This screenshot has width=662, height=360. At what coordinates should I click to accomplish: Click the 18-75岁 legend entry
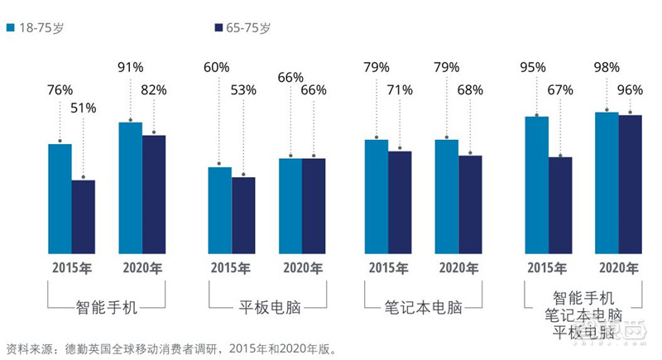click(35, 27)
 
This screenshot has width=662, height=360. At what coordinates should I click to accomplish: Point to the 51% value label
click(83, 108)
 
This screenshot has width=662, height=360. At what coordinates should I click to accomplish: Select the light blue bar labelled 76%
click(60, 199)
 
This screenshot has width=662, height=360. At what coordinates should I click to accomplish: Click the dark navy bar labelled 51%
click(83, 216)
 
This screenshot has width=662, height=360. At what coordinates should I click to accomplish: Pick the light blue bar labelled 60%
click(219, 210)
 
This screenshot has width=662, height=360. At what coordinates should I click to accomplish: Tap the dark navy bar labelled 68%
click(470, 204)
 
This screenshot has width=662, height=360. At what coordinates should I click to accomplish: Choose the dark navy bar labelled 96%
click(631, 184)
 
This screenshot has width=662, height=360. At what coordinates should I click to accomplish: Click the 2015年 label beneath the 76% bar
click(71, 269)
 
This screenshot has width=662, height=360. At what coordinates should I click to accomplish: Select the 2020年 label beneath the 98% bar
click(619, 269)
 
